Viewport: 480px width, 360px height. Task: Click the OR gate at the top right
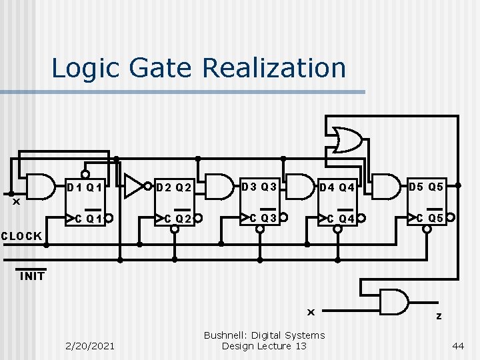348,140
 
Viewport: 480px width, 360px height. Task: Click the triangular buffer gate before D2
135,187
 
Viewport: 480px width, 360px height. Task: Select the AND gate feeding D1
40,187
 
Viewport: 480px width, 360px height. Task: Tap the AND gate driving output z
395,301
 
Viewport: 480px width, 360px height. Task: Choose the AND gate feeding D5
385,186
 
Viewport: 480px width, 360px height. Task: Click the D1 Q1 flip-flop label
85,187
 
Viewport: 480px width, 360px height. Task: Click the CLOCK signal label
21,236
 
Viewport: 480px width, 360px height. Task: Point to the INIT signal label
32,276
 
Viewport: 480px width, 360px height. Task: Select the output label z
439,316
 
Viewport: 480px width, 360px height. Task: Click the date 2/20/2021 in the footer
90,345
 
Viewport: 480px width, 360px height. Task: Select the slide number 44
458,345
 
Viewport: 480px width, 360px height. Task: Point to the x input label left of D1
17,201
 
